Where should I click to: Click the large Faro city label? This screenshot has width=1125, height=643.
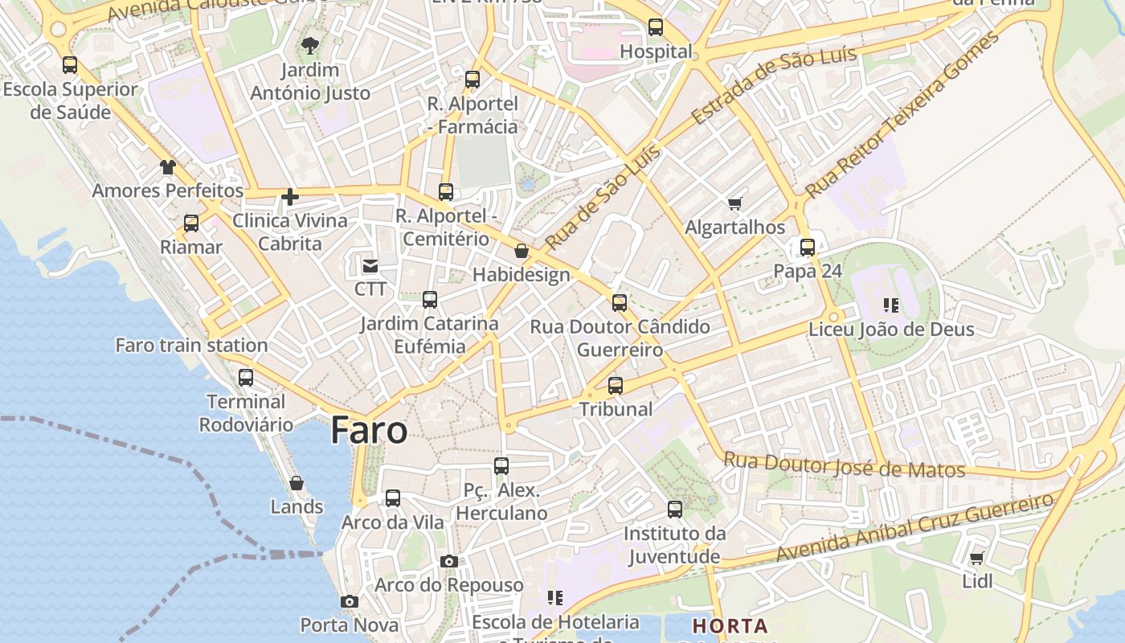click(369, 431)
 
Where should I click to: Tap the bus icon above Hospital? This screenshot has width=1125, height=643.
click(656, 27)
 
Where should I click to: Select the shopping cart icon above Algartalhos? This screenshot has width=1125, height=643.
click(734, 203)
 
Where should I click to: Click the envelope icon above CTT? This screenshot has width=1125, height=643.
click(370, 265)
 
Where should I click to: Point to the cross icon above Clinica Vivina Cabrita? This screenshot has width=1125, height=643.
click(290, 196)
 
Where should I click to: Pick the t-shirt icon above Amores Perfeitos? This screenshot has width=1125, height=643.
click(167, 167)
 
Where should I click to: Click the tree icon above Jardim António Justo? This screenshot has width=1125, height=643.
click(309, 46)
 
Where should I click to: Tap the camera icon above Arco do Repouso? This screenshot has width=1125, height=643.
click(449, 561)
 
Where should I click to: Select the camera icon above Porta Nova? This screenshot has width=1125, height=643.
click(349, 601)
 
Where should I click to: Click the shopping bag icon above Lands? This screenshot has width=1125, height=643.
click(297, 483)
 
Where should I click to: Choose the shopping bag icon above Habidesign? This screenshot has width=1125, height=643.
click(522, 252)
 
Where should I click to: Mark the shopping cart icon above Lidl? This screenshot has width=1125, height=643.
click(977, 558)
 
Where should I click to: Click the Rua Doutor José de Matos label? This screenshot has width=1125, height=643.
click(844, 465)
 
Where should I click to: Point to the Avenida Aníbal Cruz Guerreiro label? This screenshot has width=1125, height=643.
click(914, 528)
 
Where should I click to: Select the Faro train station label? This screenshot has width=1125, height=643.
click(191, 346)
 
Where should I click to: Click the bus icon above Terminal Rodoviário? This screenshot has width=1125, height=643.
click(246, 377)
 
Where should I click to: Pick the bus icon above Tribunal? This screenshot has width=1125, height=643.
click(616, 385)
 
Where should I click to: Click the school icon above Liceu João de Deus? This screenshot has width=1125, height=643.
click(890, 305)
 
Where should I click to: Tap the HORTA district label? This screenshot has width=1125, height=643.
click(730, 625)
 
